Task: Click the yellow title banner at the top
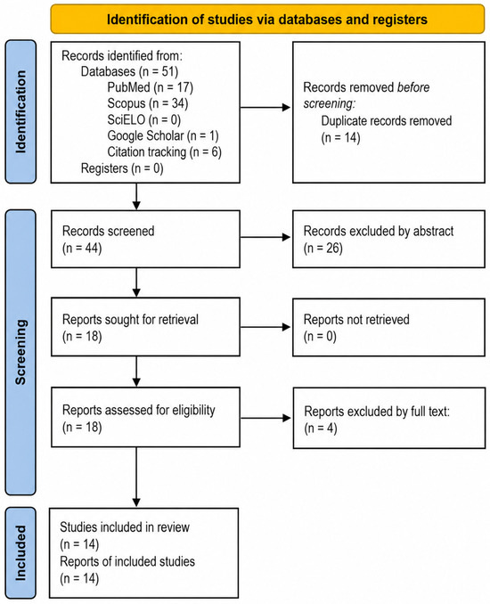point(267,19)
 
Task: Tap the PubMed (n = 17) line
point(150,87)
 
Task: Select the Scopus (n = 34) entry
point(148,103)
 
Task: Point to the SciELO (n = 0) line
point(143,119)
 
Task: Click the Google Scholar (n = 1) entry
point(162,136)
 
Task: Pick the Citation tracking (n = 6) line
point(164,152)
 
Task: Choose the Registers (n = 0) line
point(122,168)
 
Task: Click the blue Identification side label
point(20,111)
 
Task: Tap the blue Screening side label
point(20,352)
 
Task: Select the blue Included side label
point(20,552)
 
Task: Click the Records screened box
point(145,239)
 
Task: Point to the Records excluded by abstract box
point(388,239)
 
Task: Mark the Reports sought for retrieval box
point(145,327)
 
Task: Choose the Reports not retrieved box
point(388,327)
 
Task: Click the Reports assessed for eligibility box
point(145,417)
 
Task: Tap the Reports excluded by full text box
point(389,418)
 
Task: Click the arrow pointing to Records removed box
point(265,108)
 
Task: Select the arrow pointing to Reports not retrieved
point(265,327)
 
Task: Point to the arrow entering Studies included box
point(136,477)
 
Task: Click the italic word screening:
point(330,104)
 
